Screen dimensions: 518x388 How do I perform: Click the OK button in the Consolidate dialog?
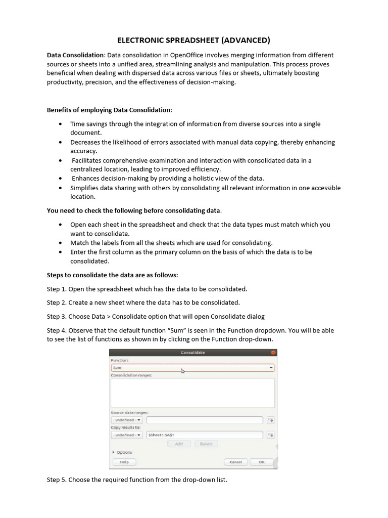261,462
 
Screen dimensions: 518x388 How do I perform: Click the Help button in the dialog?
124,462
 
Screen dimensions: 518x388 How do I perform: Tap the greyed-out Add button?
179,444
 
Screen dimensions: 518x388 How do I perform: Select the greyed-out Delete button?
206,444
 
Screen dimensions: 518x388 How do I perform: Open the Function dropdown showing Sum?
192,368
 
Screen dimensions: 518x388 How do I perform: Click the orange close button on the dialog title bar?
273,353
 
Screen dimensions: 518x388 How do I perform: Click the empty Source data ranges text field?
204,420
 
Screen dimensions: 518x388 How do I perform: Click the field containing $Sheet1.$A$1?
204,435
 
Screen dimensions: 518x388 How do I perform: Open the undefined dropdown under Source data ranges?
127,420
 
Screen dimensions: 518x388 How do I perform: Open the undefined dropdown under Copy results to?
127,435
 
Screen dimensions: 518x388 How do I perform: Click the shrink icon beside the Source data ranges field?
270,420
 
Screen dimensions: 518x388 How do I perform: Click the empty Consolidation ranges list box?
192,393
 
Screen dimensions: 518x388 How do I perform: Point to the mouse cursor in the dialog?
183,371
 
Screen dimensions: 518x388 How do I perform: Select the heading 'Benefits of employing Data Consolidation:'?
109,110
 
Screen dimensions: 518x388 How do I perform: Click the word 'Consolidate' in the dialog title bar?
192,353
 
